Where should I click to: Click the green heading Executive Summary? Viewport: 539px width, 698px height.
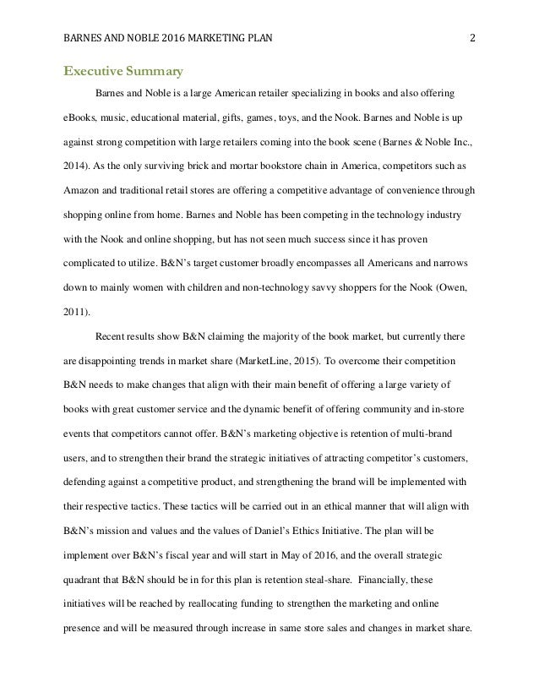pyautogui.click(x=122, y=71)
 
